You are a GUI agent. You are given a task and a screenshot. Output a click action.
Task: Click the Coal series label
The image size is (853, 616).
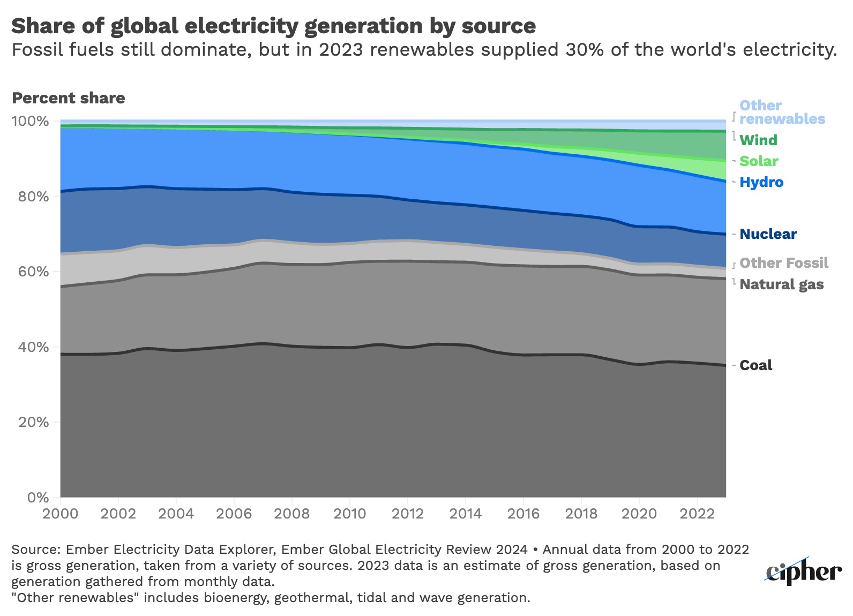pyautogui.click(x=755, y=365)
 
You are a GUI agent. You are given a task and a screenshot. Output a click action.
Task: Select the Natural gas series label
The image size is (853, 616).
pyautogui.click(x=781, y=284)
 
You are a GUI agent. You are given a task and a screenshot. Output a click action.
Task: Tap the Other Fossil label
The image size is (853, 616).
pyautogui.click(x=783, y=263)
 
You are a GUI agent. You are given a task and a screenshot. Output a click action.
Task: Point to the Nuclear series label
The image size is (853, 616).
pyautogui.click(x=768, y=234)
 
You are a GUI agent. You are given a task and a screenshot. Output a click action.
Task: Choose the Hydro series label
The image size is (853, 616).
pyautogui.click(x=761, y=182)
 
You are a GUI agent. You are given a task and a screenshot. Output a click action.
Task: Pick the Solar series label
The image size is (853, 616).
pyautogui.click(x=759, y=161)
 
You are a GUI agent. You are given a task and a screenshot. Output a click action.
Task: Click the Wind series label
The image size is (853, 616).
pyautogui.click(x=758, y=140)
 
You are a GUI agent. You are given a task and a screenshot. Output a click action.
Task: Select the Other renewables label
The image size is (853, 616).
pyautogui.click(x=782, y=112)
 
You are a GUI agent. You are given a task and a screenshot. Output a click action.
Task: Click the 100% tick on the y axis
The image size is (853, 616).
pyautogui.click(x=30, y=121)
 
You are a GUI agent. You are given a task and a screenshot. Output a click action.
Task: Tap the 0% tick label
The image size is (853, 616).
pyautogui.click(x=38, y=498)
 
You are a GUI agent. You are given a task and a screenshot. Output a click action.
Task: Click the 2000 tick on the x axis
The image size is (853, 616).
pyautogui.click(x=60, y=514)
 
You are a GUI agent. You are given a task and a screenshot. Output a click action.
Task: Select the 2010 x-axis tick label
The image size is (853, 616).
pyautogui.click(x=349, y=514)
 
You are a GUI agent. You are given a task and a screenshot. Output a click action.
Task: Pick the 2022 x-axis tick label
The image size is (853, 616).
pyautogui.click(x=697, y=514)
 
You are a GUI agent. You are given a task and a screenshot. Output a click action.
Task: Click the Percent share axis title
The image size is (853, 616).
pyautogui.click(x=68, y=98)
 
